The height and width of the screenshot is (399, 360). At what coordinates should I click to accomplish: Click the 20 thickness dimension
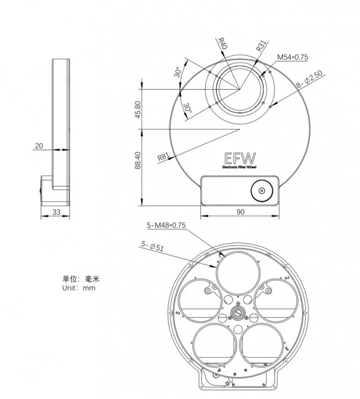tap(39, 147)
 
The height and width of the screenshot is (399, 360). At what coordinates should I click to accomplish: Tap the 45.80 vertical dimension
tap(138, 109)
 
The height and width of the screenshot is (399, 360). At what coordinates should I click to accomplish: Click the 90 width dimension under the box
tap(240, 212)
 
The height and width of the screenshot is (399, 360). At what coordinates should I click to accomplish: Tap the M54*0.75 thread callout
tap(292, 57)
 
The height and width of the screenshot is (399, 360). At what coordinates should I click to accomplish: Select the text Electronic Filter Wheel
tap(240, 167)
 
